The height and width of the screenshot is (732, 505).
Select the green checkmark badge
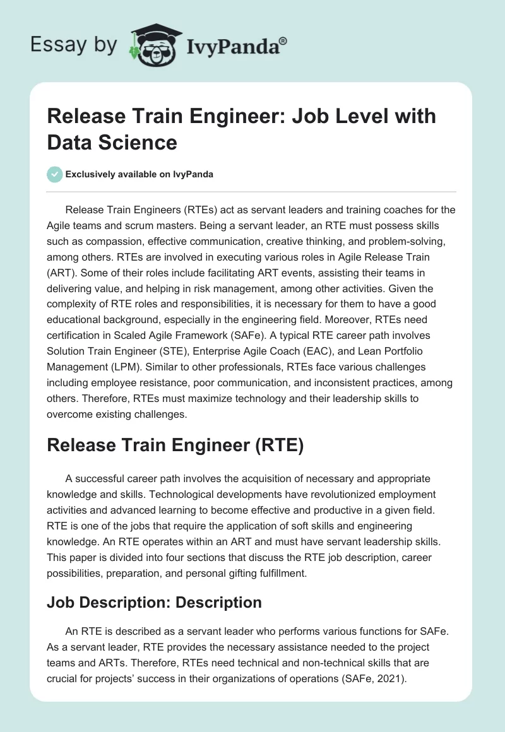[x=55, y=174]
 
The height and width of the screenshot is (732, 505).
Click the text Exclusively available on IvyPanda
[x=139, y=174]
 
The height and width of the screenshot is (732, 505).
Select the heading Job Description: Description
[x=154, y=603]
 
